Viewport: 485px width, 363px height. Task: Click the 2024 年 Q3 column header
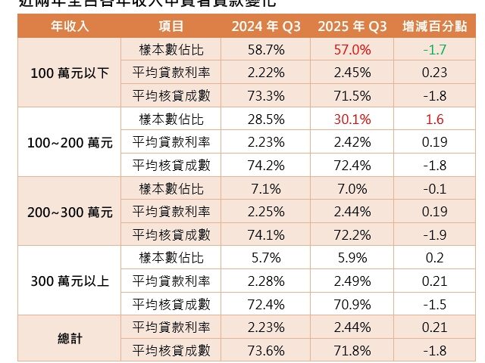(x=265, y=26)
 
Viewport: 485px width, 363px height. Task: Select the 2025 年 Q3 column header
(x=350, y=26)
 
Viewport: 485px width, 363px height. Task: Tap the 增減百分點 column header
(x=435, y=26)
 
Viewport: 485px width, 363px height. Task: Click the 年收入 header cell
(x=70, y=26)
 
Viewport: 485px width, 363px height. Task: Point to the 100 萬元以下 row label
(x=70, y=73)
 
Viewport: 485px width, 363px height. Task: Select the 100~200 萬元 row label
(x=70, y=142)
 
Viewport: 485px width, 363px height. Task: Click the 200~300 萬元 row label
(x=70, y=213)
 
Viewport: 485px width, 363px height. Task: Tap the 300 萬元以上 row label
(x=70, y=281)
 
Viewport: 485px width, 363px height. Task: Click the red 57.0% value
(x=350, y=50)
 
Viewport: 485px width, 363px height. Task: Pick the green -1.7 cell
(x=435, y=50)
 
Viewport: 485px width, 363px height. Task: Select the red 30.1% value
(x=350, y=119)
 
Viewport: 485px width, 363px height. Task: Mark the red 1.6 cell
(x=435, y=119)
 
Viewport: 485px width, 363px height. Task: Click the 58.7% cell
(x=265, y=50)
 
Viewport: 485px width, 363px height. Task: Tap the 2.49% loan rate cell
(x=350, y=281)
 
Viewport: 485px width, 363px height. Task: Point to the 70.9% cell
(x=350, y=305)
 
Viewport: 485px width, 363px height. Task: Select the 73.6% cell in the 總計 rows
(x=265, y=351)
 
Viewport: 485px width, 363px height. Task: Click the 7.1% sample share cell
(x=265, y=188)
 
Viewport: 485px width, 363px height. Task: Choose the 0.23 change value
(x=435, y=73)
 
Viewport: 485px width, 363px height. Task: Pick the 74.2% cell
(x=265, y=166)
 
